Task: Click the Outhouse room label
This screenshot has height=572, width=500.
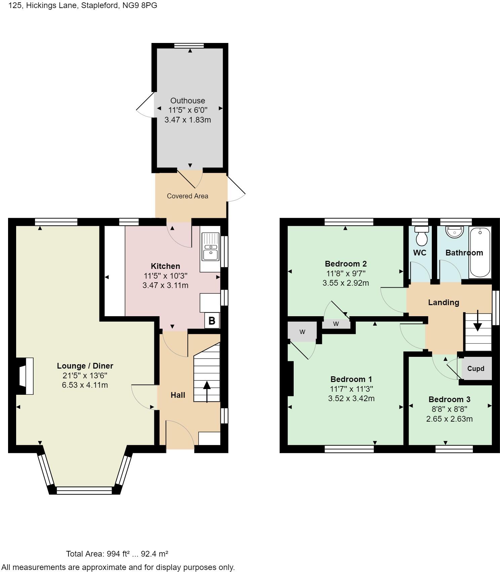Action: (187, 101)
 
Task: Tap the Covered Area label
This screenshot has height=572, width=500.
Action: (187, 196)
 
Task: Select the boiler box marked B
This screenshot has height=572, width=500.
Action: (212, 321)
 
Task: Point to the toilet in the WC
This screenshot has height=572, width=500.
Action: (421, 236)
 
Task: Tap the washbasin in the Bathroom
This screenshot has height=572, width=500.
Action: (454, 232)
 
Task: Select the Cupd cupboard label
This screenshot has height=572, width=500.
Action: (475, 369)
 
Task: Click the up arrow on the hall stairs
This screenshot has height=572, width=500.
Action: (207, 391)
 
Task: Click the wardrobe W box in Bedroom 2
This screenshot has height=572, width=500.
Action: (336, 324)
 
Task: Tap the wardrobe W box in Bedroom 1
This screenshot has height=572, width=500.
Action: (302, 332)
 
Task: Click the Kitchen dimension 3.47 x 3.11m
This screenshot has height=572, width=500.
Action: (165, 286)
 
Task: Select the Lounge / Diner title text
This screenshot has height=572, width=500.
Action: (85, 366)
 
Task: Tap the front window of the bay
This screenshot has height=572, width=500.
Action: (84, 491)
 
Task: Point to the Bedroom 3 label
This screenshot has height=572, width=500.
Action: (449, 399)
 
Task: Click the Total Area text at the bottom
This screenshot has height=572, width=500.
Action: (117, 554)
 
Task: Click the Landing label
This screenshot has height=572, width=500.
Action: (444, 302)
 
